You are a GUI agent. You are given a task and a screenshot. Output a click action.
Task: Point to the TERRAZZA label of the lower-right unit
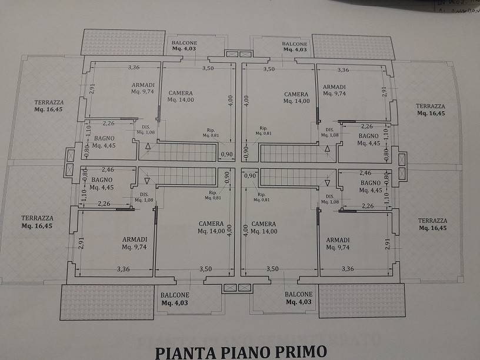click(x=432, y=221)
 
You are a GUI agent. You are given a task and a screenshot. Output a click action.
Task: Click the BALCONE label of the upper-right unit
click(x=294, y=44)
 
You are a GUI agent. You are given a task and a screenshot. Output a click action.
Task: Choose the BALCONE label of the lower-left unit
click(x=175, y=295)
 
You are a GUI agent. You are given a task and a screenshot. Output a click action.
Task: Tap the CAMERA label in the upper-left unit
click(x=181, y=94)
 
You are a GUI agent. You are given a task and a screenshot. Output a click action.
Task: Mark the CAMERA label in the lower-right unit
click(x=263, y=224)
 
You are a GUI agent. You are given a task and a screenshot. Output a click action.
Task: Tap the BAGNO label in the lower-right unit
click(x=369, y=183)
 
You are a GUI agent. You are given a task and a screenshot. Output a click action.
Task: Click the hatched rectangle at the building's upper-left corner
click(x=122, y=42)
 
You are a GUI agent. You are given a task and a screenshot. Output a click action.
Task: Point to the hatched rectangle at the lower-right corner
click(x=355, y=301)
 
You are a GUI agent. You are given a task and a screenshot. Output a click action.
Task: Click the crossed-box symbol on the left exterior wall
click(x=70, y=156)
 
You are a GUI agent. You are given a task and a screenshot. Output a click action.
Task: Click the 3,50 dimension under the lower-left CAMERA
click(x=206, y=269)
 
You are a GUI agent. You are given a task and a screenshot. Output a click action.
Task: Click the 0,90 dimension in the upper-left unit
click(x=226, y=155)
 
